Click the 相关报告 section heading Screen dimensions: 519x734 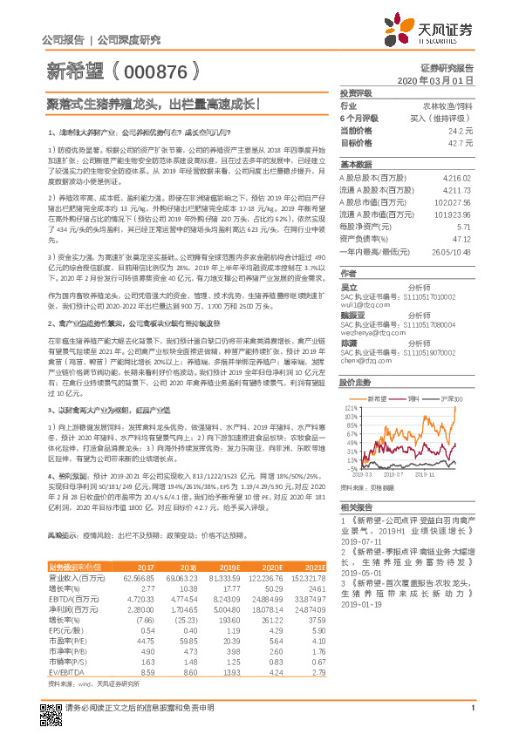pos(355,506)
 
